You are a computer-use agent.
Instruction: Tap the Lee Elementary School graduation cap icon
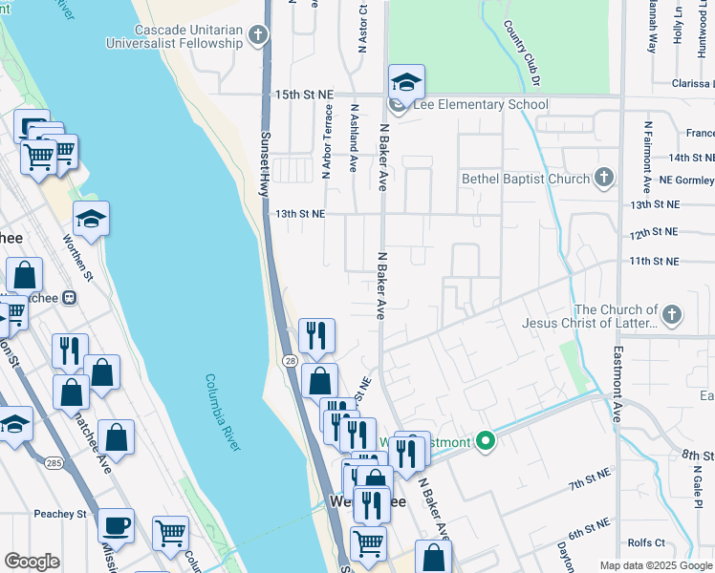coord(406,83)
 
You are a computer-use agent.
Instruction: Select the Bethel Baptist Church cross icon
coord(603,178)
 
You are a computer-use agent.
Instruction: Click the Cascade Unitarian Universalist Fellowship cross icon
coord(256,36)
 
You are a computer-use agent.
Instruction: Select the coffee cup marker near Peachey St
coord(117,524)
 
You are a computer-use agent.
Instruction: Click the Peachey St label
coord(60,514)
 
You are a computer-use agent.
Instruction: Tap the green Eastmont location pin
coord(486,441)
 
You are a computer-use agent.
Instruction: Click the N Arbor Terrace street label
coord(327,143)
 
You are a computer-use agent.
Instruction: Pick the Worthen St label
coord(77,258)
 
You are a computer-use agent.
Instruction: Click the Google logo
coord(32,562)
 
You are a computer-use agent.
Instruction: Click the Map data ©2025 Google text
coord(655,564)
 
